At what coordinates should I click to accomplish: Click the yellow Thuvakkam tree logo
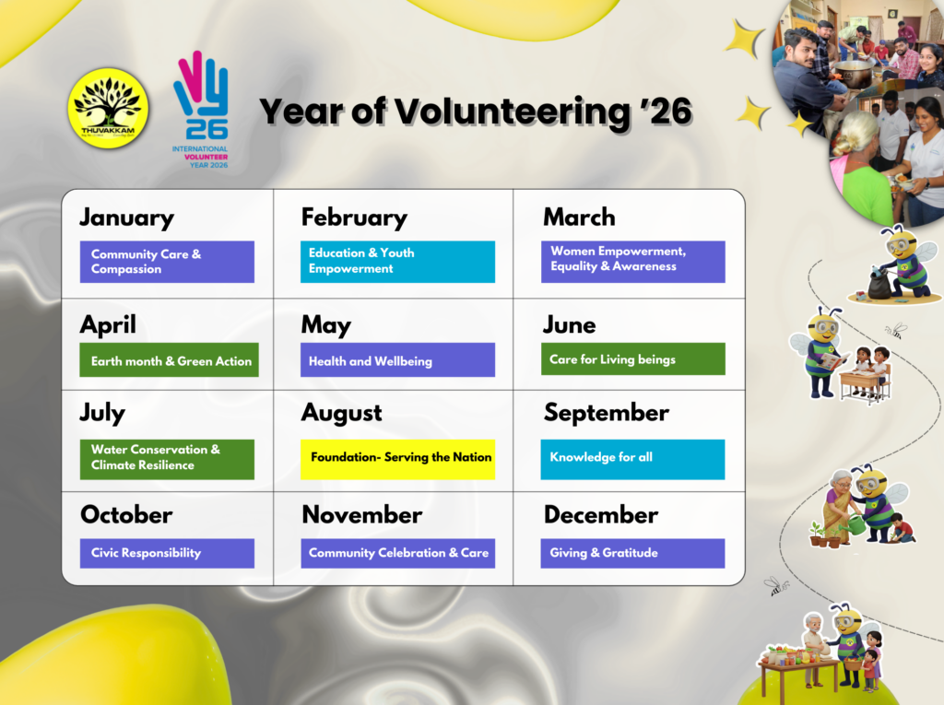[x=109, y=109]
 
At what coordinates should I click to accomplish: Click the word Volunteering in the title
[x=512, y=112]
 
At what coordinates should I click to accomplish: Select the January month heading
[x=127, y=217]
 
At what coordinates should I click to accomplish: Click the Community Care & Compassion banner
[x=167, y=262]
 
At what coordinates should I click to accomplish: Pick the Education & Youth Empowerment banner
[x=397, y=262]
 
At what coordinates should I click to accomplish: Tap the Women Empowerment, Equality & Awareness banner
[x=632, y=262]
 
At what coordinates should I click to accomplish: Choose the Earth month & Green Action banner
[x=170, y=360]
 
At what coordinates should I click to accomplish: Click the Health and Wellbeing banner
[x=397, y=360]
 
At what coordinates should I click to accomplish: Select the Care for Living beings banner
[x=632, y=358]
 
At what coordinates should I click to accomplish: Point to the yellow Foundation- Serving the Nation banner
[x=397, y=459]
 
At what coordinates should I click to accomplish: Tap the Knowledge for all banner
[x=632, y=459]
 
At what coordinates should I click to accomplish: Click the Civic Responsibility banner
[x=167, y=553]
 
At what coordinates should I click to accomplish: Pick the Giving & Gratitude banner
[x=632, y=553]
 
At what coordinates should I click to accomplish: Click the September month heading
[x=607, y=414]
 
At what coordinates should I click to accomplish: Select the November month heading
[x=361, y=515]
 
